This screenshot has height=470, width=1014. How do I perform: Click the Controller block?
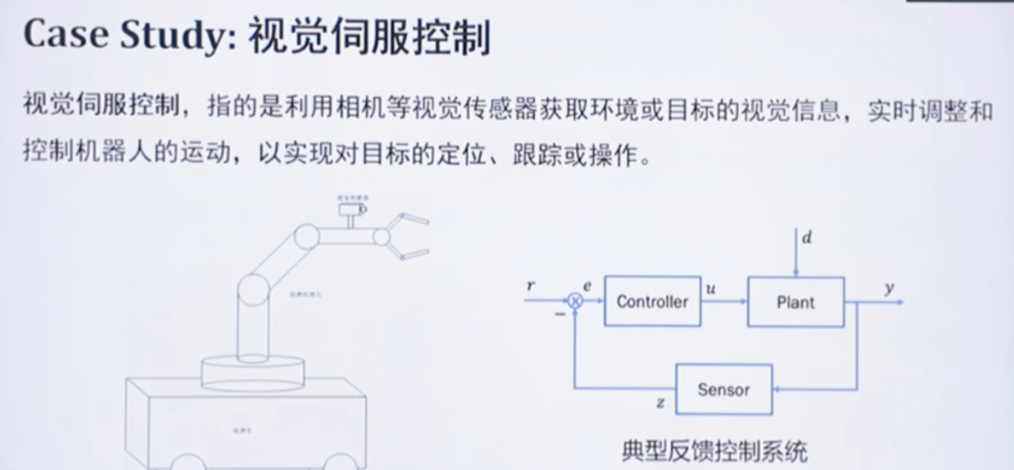(652, 301)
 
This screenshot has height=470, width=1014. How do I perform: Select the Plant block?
(795, 302)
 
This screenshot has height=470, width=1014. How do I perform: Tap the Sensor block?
(723, 389)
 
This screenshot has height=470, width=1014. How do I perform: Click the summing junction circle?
(574, 300)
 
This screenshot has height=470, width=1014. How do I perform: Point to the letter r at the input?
(530, 286)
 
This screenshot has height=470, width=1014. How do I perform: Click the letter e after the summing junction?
(587, 286)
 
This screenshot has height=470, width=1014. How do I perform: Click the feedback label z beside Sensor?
(660, 404)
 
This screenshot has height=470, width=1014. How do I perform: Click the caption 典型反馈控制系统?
(714, 451)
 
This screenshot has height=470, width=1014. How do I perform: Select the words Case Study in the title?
(123, 36)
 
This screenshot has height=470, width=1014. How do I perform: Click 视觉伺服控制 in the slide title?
(369, 36)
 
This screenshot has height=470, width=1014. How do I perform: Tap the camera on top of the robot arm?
(349, 209)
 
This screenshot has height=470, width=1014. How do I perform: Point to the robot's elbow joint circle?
(307, 237)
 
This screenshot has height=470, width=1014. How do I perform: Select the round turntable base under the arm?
(252, 371)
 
